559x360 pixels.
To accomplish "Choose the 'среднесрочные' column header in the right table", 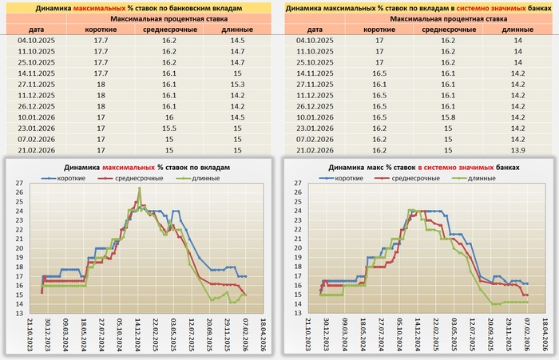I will click(449, 28).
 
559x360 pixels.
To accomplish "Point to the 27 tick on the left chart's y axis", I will click(19, 184).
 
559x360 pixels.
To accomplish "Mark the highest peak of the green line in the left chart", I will click(140, 189).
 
